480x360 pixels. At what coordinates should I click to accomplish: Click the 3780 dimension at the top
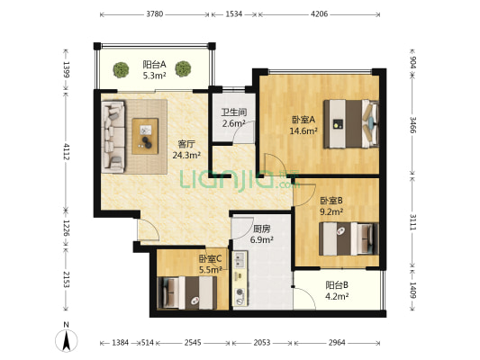point(155,14)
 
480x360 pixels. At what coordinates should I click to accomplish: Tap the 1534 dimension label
point(234,14)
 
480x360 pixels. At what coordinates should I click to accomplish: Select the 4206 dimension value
point(319,14)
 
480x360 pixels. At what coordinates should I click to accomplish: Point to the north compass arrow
point(66,340)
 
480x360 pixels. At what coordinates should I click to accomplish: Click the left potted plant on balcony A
point(121,69)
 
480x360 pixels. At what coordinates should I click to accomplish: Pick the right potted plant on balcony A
point(183,68)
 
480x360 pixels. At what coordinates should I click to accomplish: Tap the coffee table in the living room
point(145,136)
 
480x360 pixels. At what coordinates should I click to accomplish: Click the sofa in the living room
point(113,137)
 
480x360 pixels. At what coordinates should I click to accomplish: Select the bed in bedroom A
point(351,124)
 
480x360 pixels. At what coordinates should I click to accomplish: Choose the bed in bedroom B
point(349,238)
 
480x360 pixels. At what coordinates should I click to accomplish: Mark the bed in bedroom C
point(187,292)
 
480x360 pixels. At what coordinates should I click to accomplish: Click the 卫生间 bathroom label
point(234,112)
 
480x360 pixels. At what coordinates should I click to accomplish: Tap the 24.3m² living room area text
point(186,156)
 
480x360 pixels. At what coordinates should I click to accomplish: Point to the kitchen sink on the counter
point(240,259)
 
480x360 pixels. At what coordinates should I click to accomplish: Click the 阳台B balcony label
point(337,285)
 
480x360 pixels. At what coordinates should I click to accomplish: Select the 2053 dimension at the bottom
point(262,343)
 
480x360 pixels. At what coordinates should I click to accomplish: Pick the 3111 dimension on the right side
point(413,222)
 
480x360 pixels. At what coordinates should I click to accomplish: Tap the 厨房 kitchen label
point(261,229)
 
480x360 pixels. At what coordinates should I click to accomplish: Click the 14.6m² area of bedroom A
point(303,131)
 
